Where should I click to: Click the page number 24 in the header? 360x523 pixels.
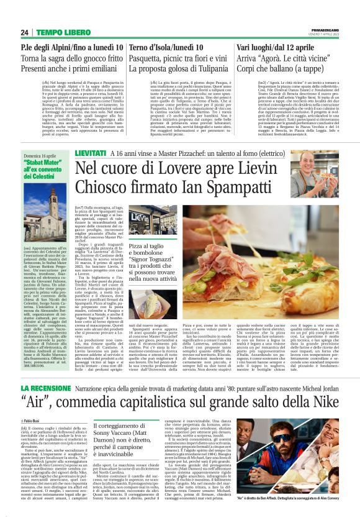[24, 32]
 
